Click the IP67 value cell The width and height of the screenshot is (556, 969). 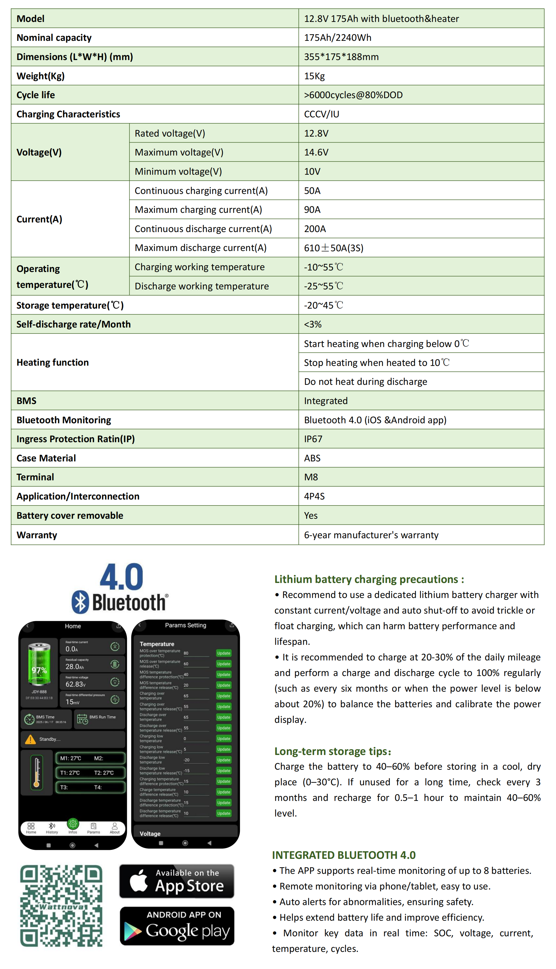[313, 439]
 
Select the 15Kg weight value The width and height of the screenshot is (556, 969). [314, 76]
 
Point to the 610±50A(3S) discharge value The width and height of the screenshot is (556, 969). [333, 248]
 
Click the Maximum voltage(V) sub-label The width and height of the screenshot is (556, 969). [179, 152]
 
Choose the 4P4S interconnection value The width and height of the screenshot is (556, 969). [314, 496]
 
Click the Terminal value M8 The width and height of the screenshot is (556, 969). [311, 477]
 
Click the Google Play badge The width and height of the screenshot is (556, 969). [177, 926]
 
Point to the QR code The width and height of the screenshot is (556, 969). [61, 906]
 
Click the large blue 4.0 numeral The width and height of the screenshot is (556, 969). [121, 577]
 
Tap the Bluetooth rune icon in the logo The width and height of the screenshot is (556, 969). [80, 602]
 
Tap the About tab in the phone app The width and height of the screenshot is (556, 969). [115, 828]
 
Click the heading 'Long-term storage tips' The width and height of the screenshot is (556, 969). [332, 751]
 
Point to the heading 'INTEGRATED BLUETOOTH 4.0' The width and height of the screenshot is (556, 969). [344, 855]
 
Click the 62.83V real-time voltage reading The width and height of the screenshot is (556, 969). [76, 684]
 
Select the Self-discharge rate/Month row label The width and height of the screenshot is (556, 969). [73, 324]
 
